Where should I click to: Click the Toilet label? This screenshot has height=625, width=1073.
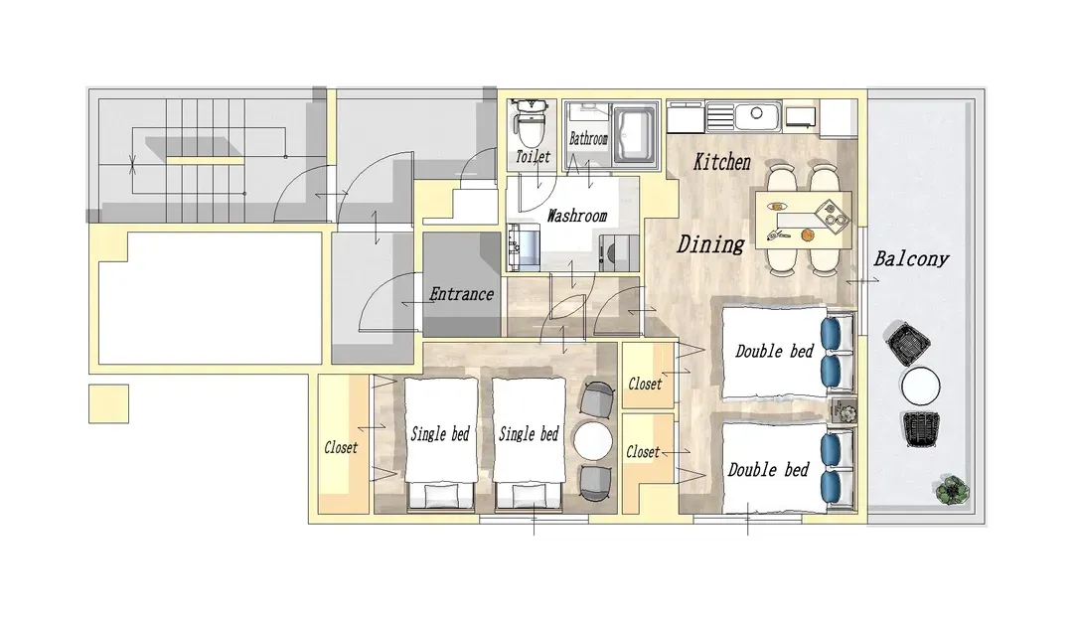(x=534, y=157)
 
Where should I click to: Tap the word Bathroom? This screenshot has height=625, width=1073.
(x=588, y=139)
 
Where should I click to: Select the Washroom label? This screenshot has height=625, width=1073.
(x=577, y=216)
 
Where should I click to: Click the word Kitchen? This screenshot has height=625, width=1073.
(x=722, y=162)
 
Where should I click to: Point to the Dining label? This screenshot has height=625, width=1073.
(x=710, y=244)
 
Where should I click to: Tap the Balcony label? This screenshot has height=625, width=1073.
(x=911, y=258)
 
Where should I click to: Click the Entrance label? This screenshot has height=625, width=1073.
(x=461, y=294)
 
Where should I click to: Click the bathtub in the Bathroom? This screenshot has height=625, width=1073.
(x=636, y=134)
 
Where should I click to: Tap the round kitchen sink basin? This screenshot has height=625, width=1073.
(x=756, y=113)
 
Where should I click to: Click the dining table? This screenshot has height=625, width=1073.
(x=804, y=220)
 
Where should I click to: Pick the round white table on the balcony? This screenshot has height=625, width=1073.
(x=920, y=387)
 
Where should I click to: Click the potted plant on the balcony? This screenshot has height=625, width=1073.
(x=951, y=490)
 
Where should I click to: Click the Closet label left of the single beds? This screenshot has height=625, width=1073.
(x=341, y=448)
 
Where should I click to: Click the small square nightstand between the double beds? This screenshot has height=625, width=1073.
(x=843, y=410)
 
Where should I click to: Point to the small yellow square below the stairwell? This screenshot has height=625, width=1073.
(x=109, y=403)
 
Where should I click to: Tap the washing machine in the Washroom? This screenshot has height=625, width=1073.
(x=619, y=252)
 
